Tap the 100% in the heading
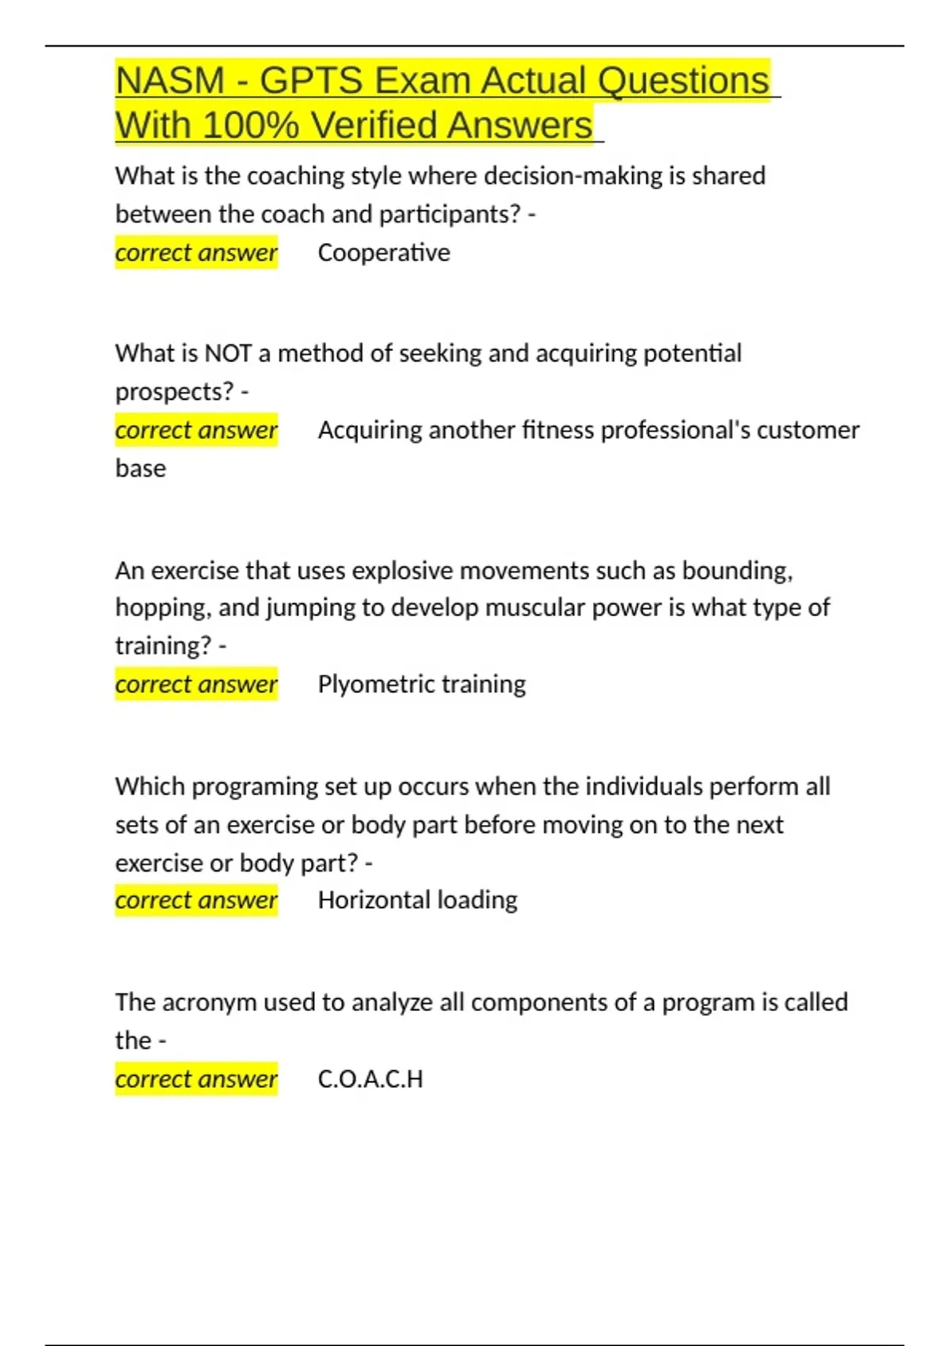pos(250,126)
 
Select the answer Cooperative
pos(384,253)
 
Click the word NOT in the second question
pos(228,353)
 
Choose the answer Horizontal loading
pos(417,900)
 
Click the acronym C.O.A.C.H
pos(370,1079)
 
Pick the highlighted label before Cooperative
pos(196,253)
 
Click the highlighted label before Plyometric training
pos(196,684)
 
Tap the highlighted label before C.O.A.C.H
pos(196,1079)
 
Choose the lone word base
pos(141,469)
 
